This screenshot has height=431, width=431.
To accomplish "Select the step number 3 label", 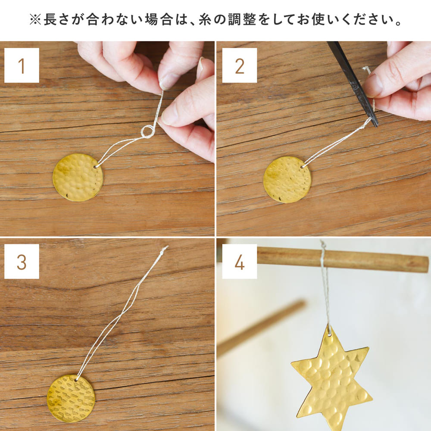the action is (x=22, y=262).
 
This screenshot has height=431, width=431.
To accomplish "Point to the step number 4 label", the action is (x=239, y=262).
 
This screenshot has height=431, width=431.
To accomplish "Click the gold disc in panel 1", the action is (x=78, y=177).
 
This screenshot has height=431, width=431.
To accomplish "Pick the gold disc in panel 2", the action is (x=287, y=180).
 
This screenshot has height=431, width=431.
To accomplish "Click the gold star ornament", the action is (x=331, y=378).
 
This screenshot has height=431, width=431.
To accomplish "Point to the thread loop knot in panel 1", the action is (x=147, y=132).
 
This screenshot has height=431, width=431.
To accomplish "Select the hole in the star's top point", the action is (x=330, y=334).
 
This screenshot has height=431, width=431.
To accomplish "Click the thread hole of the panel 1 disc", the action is (x=96, y=166).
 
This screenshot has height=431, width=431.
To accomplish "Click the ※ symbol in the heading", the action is (x=35, y=20).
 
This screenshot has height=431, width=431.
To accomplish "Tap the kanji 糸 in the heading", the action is (x=205, y=20).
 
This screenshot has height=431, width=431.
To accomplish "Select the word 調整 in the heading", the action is (x=242, y=20).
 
